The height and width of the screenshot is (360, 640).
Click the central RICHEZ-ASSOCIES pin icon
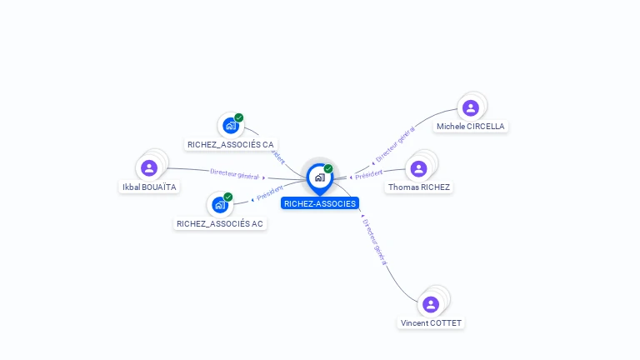(319, 177)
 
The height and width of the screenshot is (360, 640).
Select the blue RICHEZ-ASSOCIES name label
(320, 203)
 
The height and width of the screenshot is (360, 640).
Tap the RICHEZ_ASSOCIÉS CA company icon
(231, 126)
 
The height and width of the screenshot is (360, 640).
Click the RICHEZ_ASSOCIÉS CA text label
(231, 144)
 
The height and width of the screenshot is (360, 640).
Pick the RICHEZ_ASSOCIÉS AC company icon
(220, 204)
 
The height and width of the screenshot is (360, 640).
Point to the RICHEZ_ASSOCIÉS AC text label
(220, 223)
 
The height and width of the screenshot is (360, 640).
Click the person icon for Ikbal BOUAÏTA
(149, 168)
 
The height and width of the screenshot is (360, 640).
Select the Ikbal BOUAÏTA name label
(149, 187)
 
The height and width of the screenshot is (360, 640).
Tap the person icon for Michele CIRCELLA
(470, 107)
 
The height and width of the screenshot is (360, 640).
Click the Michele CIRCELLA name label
(470, 127)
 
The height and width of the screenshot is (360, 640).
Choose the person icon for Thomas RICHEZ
(418, 168)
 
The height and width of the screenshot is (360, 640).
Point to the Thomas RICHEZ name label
(418, 187)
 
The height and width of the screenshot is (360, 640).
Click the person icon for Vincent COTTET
(431, 304)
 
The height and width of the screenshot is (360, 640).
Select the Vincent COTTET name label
(431, 323)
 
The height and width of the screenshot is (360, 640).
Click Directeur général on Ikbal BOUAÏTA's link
(234, 174)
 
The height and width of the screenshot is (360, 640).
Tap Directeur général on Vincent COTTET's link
(375, 242)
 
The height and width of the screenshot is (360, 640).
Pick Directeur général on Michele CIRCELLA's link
(395, 144)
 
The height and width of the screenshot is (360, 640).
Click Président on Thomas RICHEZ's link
(368, 174)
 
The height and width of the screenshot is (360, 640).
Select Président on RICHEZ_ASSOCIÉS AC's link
(270, 193)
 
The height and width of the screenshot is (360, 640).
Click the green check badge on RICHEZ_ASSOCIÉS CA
(239, 118)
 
